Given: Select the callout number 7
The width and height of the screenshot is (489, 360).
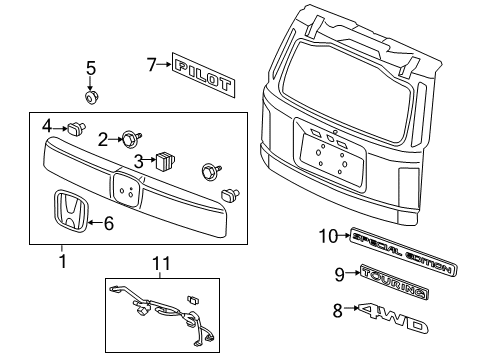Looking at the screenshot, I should [x=151, y=65].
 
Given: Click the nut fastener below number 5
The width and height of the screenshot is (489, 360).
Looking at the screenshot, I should [x=92, y=98].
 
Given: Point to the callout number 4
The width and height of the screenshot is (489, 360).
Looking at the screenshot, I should [x=47, y=127].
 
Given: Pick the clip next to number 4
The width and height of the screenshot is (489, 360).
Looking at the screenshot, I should [x=74, y=128].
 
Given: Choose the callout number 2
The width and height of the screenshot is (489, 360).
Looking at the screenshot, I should [x=103, y=138].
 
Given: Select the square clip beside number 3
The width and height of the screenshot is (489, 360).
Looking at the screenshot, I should [x=164, y=159].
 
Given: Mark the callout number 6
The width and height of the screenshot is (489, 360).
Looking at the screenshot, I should [x=109, y=225].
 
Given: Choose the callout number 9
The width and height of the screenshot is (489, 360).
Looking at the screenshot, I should [x=340, y=273].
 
